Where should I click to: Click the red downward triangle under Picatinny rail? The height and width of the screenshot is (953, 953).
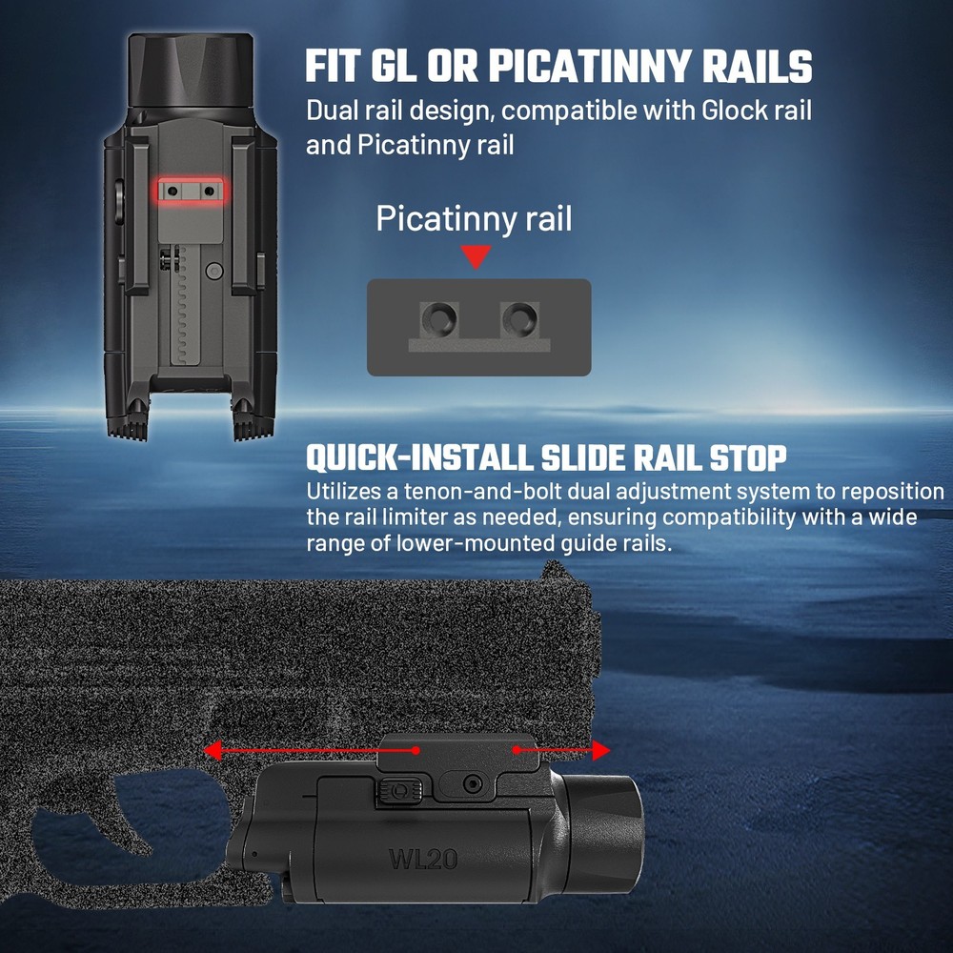pyautogui.click(x=475, y=256)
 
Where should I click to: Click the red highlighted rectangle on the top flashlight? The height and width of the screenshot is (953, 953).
pyautogui.click(x=192, y=191)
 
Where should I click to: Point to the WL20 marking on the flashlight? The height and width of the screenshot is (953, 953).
pyautogui.click(x=422, y=858)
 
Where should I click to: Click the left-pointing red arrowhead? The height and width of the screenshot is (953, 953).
pyautogui.click(x=213, y=751)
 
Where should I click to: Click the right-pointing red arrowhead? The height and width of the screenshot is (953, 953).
pyautogui.click(x=599, y=751)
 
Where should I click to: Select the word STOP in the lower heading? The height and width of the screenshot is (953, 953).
pyautogui.click(x=748, y=458)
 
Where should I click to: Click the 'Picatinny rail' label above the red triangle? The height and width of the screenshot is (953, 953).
pyautogui.click(x=474, y=218)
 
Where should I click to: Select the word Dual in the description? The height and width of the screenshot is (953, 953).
pyautogui.click(x=335, y=111)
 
